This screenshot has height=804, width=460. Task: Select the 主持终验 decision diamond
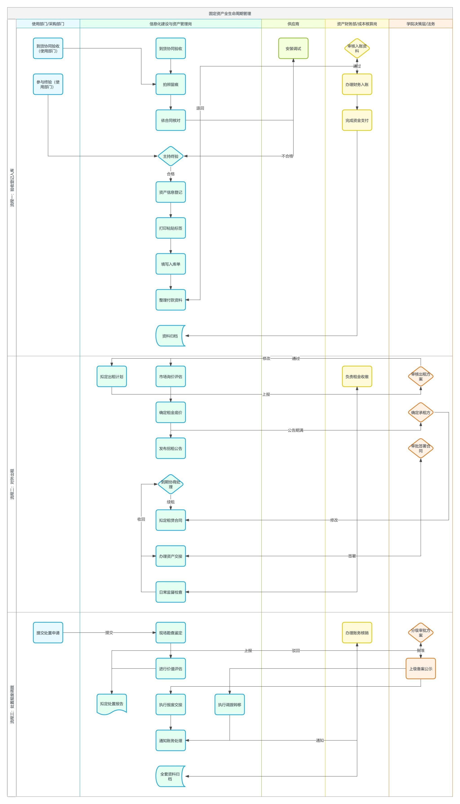pos(171,156)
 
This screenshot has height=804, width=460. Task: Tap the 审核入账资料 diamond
pos(357,48)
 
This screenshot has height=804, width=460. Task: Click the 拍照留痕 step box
pos(171,84)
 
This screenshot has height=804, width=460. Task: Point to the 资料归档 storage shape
pos(170,336)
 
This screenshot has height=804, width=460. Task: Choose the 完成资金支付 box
pos(357,120)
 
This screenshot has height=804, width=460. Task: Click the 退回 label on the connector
pos(200,108)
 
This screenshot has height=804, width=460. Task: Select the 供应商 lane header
pos(293,24)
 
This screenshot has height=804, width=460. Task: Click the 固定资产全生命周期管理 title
pos(230,13)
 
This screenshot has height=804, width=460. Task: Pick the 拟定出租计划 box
pos(112,376)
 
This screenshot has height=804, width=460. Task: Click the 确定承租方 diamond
pos(420,412)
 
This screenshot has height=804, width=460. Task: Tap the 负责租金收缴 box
pos(357,376)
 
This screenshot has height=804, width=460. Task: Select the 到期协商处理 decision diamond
pos(171,484)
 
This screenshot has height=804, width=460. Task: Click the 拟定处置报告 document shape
pos(112,704)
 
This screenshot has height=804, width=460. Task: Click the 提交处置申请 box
pos(48,633)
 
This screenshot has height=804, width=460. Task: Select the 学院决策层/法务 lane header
pos(420,24)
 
